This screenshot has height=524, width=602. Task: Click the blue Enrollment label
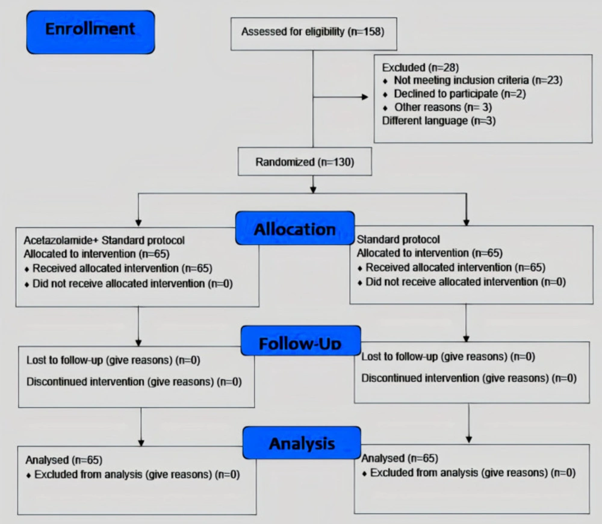(91, 33)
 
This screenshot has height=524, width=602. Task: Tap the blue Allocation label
(295, 228)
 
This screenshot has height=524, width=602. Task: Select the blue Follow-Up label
(300, 341)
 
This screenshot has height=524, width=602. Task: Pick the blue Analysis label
(302, 443)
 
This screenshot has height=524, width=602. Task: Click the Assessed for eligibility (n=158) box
(314, 34)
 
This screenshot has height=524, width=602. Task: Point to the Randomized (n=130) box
(305, 162)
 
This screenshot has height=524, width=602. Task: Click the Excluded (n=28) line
(420, 67)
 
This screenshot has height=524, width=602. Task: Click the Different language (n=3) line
(439, 120)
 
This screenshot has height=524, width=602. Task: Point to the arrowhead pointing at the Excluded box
(365, 97)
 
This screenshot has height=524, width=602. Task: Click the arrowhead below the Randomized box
(313, 189)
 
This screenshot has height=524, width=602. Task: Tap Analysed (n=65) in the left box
(64, 460)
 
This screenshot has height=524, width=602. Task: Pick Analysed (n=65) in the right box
(400, 458)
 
